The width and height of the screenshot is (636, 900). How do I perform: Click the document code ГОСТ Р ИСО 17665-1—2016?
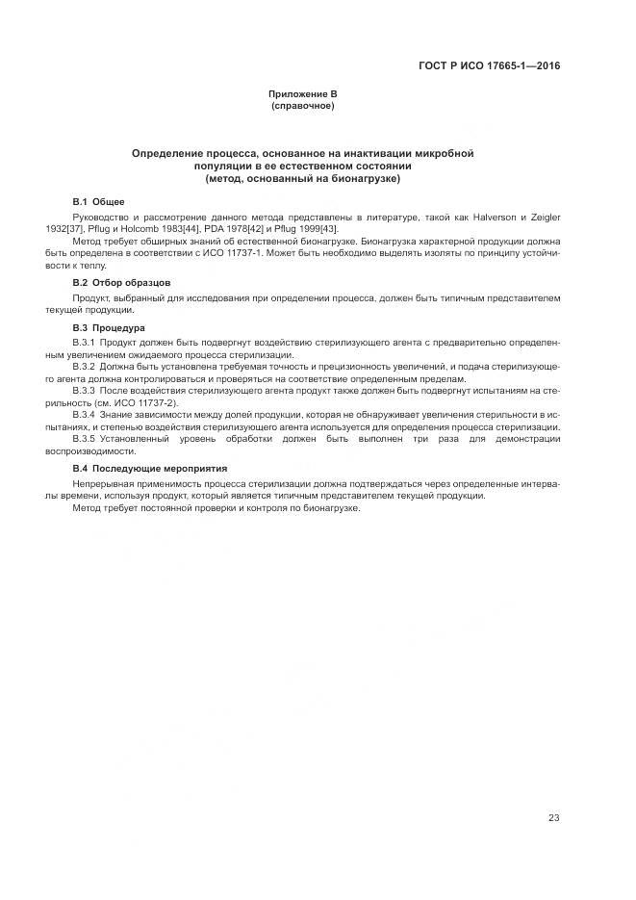point(490,65)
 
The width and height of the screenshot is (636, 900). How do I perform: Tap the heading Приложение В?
point(302,93)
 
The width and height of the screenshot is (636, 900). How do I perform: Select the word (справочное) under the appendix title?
point(302,105)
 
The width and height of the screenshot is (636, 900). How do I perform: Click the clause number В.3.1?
point(85,343)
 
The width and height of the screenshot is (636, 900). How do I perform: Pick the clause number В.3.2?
point(85,367)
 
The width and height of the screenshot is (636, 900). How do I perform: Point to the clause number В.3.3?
point(85,391)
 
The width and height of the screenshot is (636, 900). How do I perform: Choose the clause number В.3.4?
point(85,415)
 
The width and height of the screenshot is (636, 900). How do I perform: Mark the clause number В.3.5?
point(85,439)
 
